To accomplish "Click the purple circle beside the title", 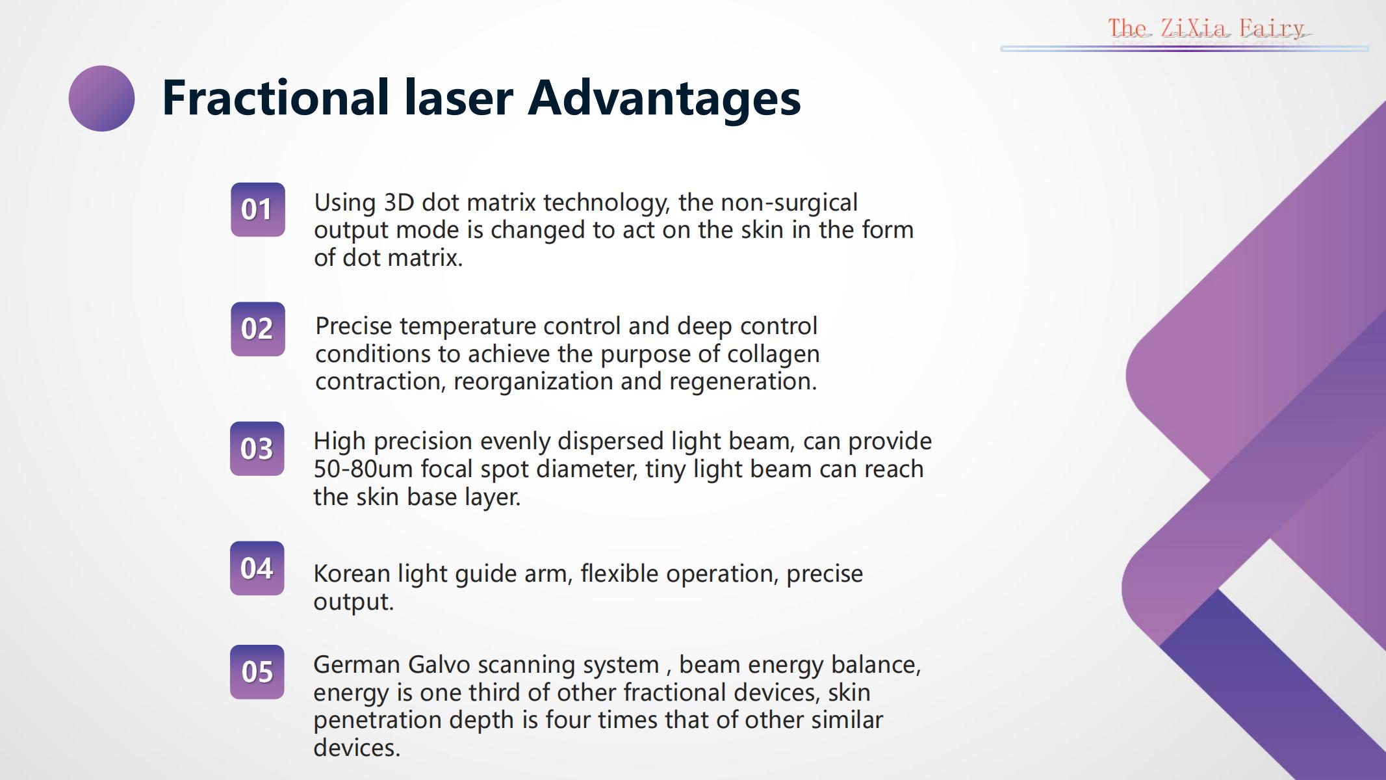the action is click(x=101, y=98).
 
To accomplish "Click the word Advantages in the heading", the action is click(x=664, y=99).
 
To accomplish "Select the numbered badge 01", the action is click(x=258, y=209).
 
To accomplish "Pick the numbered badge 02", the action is click(x=258, y=329).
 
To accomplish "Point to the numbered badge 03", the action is click(x=257, y=448).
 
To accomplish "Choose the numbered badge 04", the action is click(x=257, y=568).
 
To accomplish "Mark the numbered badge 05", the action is click(x=257, y=672).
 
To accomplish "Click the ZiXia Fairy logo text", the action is click(x=1206, y=29).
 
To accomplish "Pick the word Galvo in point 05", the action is click(x=439, y=665).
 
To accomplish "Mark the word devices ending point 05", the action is click(x=357, y=748).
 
